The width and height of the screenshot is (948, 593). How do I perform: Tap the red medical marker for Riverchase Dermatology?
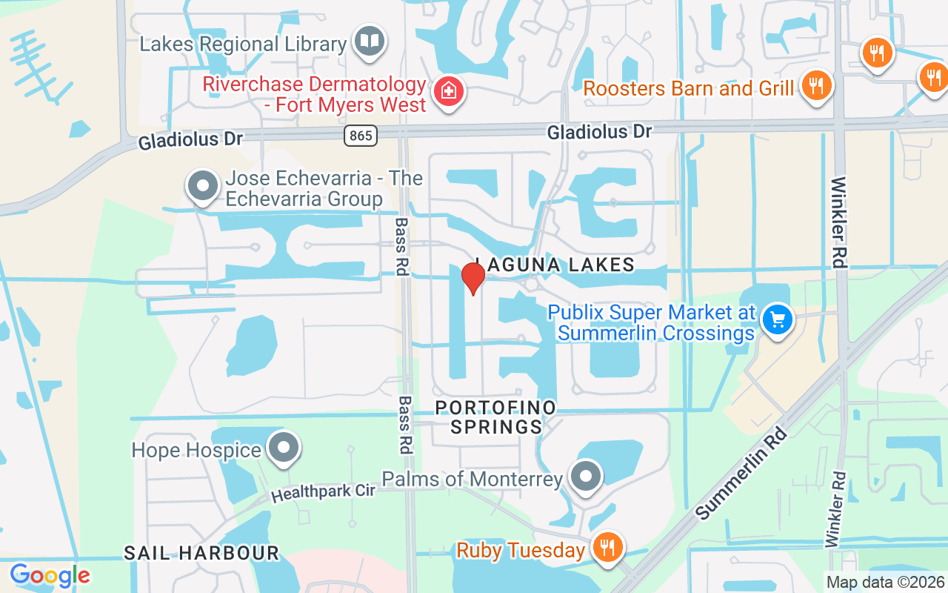(x=449, y=92)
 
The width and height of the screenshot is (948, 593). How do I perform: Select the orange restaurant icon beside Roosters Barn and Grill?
(x=815, y=85)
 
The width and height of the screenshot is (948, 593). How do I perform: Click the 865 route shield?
(x=360, y=135)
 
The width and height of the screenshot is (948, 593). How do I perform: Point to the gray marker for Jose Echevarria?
(x=202, y=187)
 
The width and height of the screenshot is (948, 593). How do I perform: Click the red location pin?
(x=473, y=278)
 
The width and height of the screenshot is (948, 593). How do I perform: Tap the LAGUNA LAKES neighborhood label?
(x=555, y=265)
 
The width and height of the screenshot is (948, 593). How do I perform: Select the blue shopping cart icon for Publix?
(x=777, y=321)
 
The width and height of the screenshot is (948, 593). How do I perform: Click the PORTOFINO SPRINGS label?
(x=495, y=417)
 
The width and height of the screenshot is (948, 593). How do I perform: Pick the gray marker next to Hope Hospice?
(x=282, y=448)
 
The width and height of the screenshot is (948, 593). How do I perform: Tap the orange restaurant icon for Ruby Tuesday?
(x=607, y=548)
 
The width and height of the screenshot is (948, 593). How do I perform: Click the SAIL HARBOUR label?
(x=201, y=553)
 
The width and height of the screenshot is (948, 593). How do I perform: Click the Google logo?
(x=50, y=575)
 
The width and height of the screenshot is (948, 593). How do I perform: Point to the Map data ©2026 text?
(x=885, y=582)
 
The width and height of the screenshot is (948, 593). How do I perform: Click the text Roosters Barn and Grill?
(x=689, y=89)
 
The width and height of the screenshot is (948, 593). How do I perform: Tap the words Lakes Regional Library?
(x=243, y=44)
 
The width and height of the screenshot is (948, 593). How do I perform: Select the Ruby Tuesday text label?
(x=521, y=551)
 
